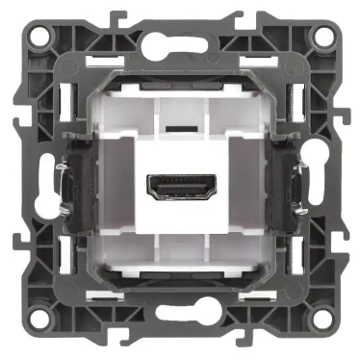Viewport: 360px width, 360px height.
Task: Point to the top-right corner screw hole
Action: pos(322,38)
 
